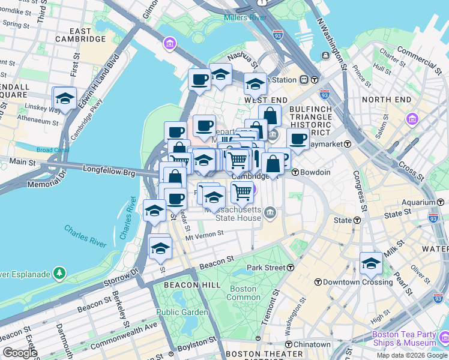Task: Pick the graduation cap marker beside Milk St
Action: (x=371, y=263)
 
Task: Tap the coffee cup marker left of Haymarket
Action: (x=298, y=139)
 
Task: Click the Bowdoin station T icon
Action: (x=295, y=172)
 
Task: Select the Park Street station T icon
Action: (x=291, y=267)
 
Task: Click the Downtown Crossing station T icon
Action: (x=318, y=282)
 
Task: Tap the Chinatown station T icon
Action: (x=289, y=344)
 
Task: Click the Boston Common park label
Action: (x=244, y=293)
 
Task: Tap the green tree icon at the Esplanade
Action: (x=59, y=274)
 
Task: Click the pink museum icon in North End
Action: (x=412, y=119)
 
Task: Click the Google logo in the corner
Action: (x=20, y=352)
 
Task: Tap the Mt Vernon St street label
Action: (x=206, y=237)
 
